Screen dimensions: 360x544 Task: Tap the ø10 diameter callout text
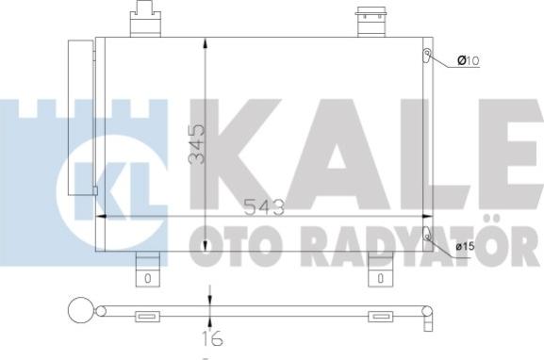469,61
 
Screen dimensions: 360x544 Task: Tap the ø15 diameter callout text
465,247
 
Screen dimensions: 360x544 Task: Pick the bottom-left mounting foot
149,270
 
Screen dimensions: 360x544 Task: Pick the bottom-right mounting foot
379,270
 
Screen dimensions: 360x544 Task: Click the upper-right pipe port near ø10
426,55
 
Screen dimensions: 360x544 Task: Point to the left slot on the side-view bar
147,317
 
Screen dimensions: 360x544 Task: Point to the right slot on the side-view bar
379,317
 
